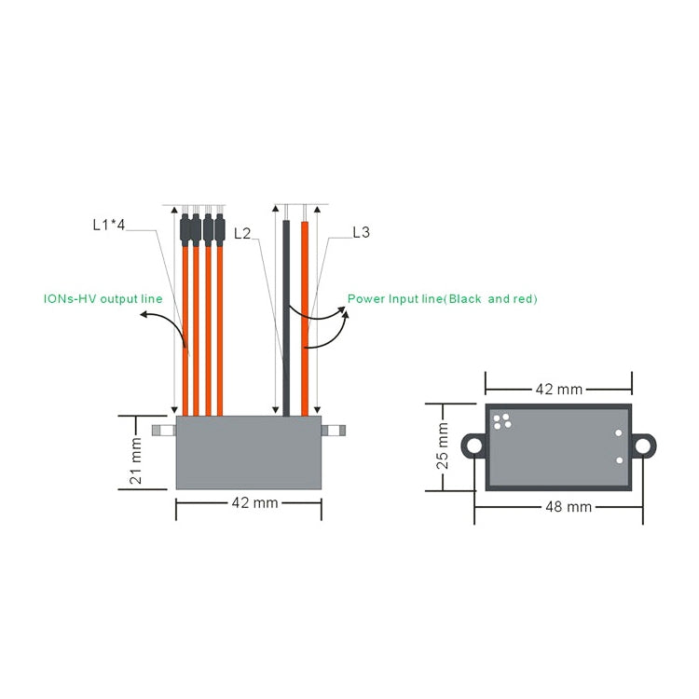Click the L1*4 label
(x=109, y=225)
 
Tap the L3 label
(x=361, y=232)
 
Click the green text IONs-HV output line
(x=103, y=299)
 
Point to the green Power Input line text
(x=442, y=299)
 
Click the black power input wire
(x=286, y=317)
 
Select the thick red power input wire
(x=304, y=317)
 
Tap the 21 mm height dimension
(x=136, y=463)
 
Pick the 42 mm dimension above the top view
(x=557, y=389)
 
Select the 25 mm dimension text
(x=442, y=446)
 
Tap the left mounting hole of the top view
(x=474, y=446)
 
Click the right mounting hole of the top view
(x=643, y=446)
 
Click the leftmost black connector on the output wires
(x=185, y=229)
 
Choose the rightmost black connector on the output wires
(x=220, y=229)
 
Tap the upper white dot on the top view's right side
(x=618, y=433)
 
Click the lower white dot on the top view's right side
(x=619, y=460)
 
